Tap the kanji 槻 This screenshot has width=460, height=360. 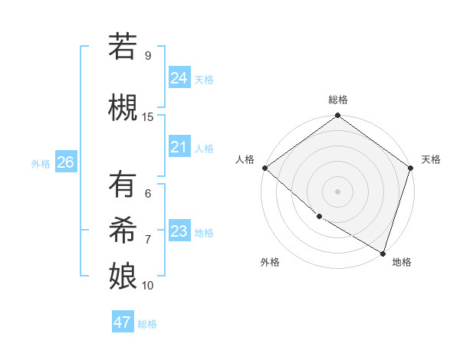(x=123, y=106)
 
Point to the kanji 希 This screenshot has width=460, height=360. (x=123, y=230)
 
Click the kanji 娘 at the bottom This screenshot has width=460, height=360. (x=123, y=275)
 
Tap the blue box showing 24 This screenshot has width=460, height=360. (x=179, y=78)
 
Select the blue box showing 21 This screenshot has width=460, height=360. (x=179, y=148)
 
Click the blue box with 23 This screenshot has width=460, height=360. (x=179, y=232)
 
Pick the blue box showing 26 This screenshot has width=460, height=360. (x=66, y=162)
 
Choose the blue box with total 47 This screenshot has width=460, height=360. (x=123, y=322)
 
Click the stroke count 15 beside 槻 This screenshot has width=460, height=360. (x=148, y=117)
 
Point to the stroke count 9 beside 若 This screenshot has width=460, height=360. (x=147, y=56)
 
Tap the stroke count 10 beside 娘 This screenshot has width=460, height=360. (x=148, y=286)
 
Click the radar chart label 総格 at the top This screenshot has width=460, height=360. (x=338, y=100)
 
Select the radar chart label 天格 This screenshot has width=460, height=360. (x=432, y=159)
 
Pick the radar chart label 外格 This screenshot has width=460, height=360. (x=270, y=262)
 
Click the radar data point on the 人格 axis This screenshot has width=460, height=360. (x=264, y=168)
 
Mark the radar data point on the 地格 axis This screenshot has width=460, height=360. (x=383, y=252)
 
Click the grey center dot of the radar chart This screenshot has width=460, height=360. (x=338, y=191)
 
